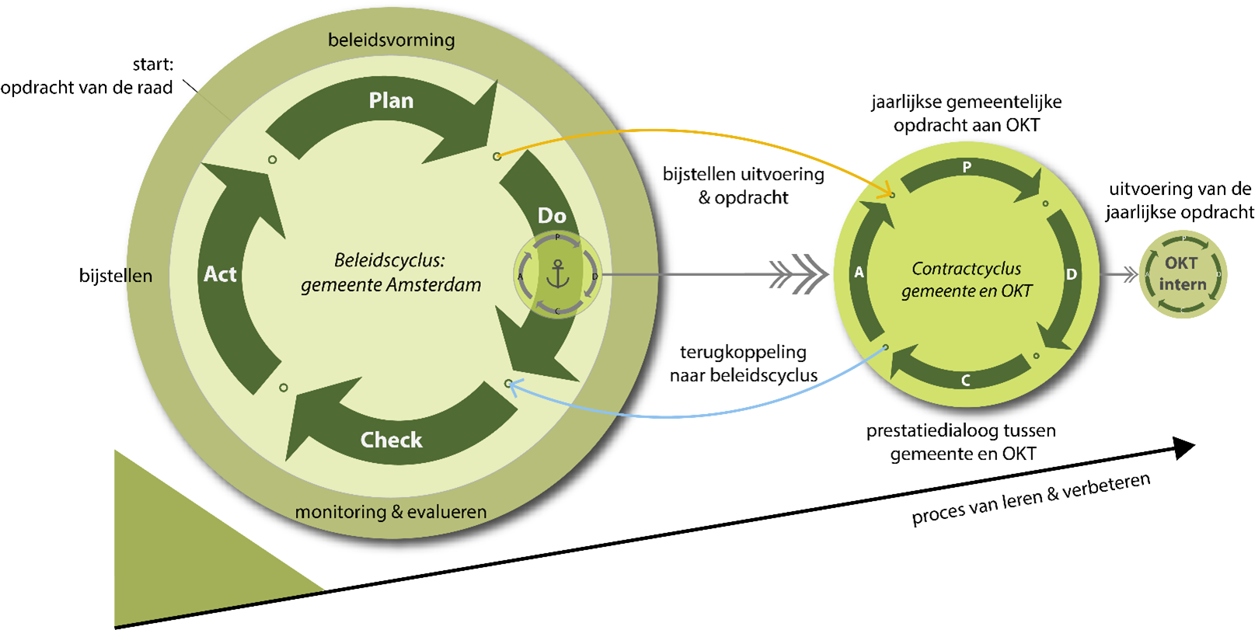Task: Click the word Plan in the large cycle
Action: click(x=391, y=101)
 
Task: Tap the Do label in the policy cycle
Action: click(x=552, y=216)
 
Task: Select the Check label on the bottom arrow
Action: click(x=391, y=440)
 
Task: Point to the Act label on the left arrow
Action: click(x=220, y=274)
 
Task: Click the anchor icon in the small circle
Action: click(x=557, y=274)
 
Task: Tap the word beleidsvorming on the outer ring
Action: click(x=391, y=40)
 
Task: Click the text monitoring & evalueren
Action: click(x=391, y=512)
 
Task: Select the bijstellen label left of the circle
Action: click(x=116, y=276)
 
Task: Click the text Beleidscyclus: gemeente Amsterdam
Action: click(x=391, y=273)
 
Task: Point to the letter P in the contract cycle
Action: click(x=967, y=167)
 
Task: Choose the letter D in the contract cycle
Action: click(x=1072, y=274)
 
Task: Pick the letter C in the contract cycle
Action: click(x=966, y=381)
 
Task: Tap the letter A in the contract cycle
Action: click(x=859, y=273)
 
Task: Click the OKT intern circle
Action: click(x=1182, y=274)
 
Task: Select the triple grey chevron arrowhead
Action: click(x=799, y=274)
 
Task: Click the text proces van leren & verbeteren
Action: click(x=1030, y=499)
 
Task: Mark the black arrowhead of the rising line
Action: click(x=1184, y=448)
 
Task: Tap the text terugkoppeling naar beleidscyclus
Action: click(x=744, y=364)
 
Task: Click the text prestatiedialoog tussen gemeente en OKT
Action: click(x=961, y=442)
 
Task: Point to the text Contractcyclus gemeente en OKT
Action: click(x=967, y=280)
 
